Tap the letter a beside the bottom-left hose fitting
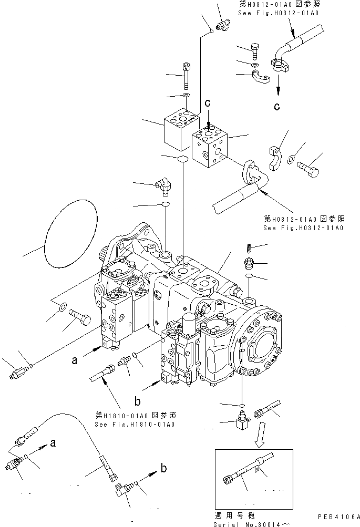click(x=53, y=443)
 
